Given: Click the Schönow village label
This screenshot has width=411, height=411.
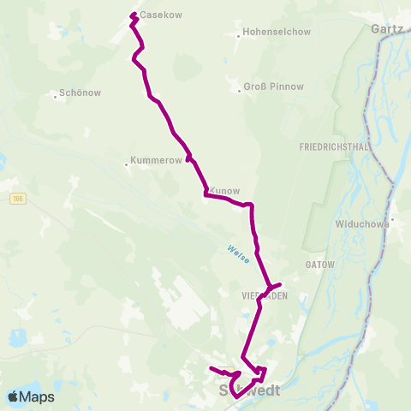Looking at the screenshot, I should tap(81, 94).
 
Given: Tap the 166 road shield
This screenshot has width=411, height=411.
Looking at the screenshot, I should tap(17, 199).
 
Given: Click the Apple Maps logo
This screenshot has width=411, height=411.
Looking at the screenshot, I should tap(32, 396).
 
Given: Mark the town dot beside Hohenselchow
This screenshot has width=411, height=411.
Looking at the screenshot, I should tap(238, 36).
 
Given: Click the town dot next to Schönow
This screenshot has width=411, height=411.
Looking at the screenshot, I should tap(56, 96).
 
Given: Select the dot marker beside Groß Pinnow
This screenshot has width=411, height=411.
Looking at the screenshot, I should tap(239, 89).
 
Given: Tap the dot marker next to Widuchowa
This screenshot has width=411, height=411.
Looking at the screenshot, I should tap(392, 219).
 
